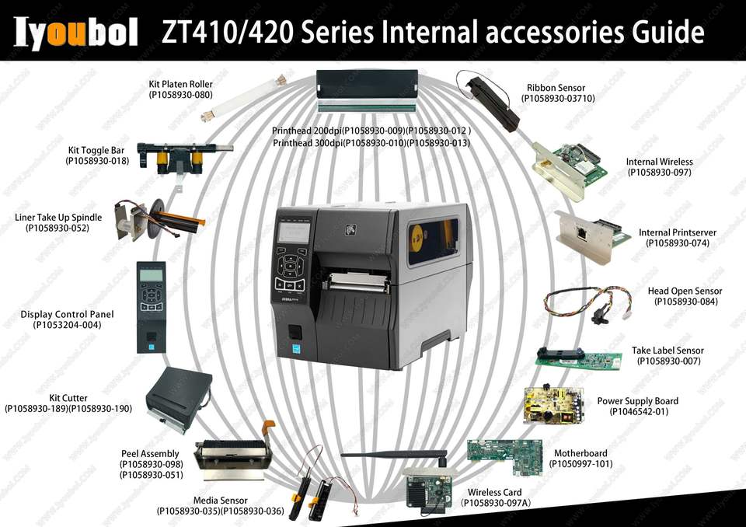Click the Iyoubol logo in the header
75,33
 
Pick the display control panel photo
151,305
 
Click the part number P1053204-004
68,325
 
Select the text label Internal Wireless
659,162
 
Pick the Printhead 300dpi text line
371,143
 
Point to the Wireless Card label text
495,493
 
